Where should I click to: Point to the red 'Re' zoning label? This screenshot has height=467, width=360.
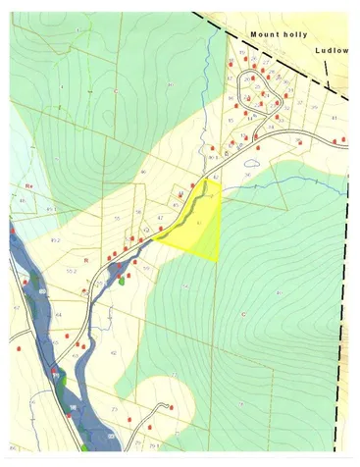[29, 183]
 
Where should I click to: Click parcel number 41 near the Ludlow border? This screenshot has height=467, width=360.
[334, 118]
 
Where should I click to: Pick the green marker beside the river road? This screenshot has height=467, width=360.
[122, 280]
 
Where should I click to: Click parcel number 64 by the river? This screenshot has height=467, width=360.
[58, 314]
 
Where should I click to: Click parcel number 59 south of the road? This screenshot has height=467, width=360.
[146, 267]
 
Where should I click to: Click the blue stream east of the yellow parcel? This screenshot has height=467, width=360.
[294, 186]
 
